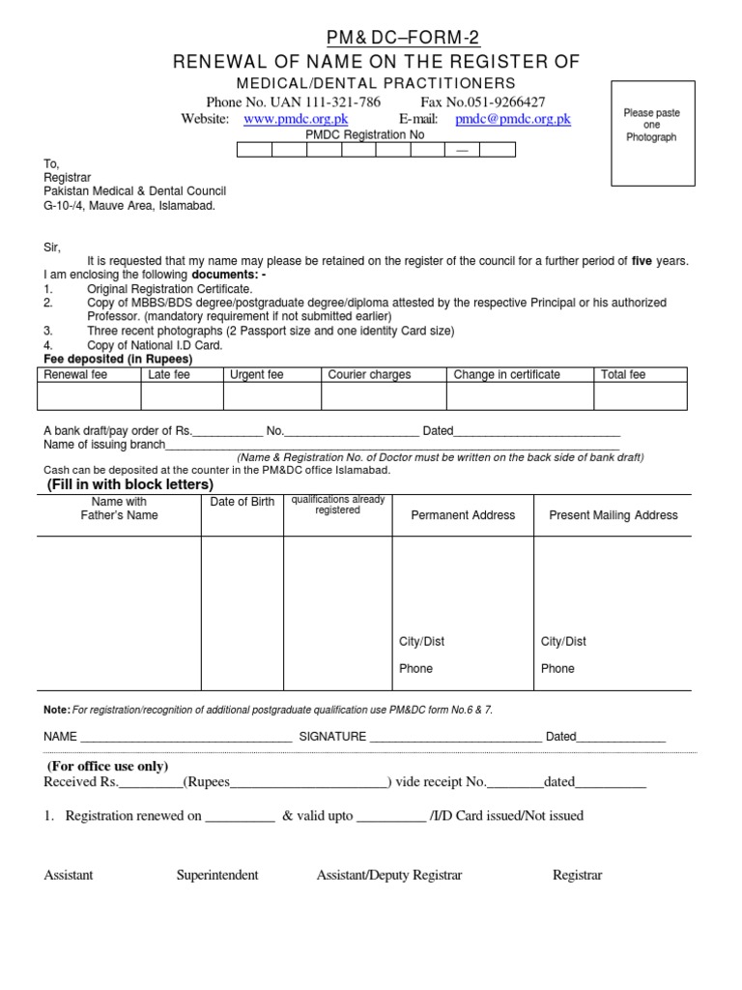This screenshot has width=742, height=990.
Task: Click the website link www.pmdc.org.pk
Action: tap(286, 119)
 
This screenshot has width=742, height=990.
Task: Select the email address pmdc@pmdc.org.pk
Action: tap(512, 119)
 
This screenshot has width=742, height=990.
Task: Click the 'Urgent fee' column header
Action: tap(256, 374)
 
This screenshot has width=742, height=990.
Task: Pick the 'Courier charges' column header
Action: tap(369, 374)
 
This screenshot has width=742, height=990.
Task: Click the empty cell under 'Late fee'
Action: tap(183, 397)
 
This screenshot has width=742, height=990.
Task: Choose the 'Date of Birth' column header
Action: tap(242, 502)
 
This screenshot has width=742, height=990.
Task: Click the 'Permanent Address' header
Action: tap(463, 515)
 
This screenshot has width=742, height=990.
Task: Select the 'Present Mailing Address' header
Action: tap(614, 515)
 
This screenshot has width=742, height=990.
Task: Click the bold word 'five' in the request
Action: tap(642, 262)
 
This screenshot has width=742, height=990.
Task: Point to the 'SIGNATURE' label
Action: tap(332, 736)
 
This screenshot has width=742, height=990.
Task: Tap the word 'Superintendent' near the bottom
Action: tap(217, 875)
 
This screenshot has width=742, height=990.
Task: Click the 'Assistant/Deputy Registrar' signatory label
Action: tap(389, 875)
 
